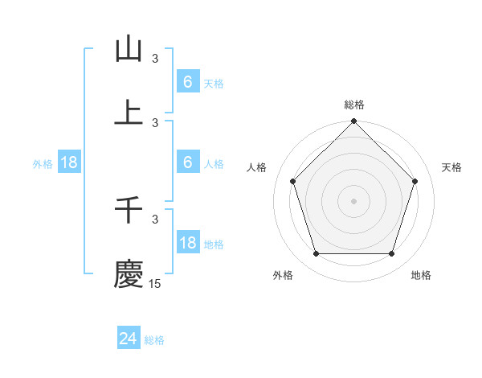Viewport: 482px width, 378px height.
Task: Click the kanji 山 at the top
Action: (129, 50)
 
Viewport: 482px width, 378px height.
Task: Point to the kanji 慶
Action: (129, 273)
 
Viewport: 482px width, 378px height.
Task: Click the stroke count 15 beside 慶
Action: (154, 283)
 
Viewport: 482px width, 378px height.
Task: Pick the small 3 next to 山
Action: (155, 59)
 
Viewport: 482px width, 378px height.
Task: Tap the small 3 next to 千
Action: (155, 218)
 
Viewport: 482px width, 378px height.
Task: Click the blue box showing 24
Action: (129, 339)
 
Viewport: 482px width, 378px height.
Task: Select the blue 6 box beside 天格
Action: (187, 82)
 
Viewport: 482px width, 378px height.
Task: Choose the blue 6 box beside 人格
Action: (187, 162)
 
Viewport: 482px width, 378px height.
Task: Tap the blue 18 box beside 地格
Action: (187, 243)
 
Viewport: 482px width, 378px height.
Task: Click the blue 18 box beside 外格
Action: (69, 162)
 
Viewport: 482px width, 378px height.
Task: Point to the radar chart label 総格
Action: (354, 105)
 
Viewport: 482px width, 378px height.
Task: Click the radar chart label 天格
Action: (452, 167)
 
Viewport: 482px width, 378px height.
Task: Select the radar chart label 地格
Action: (421, 275)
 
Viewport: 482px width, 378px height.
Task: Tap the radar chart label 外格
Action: (283, 275)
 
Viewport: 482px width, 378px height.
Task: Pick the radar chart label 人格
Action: (257, 167)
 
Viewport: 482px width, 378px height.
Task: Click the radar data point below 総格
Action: (354, 122)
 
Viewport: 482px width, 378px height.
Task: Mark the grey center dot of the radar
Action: (354, 200)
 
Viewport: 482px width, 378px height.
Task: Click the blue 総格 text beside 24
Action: (154, 340)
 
